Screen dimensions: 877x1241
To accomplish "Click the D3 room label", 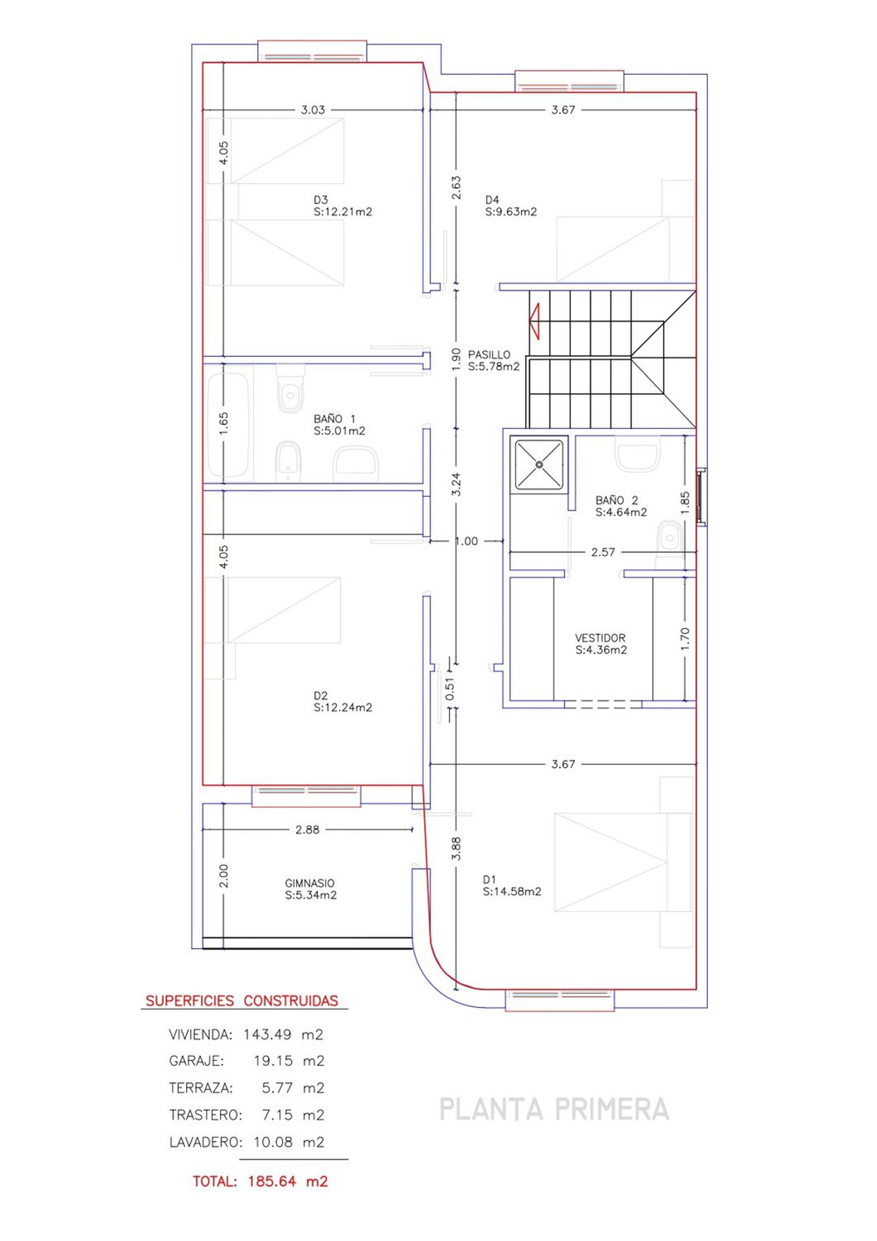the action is (320, 200).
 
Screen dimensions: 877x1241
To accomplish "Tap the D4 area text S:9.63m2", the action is (511, 212).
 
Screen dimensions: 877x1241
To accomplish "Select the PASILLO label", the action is (489, 355).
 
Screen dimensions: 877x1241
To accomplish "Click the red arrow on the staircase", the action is (534, 321).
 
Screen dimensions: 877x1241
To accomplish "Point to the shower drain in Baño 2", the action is (539, 465).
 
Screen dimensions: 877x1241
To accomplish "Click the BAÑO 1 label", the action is (334, 418).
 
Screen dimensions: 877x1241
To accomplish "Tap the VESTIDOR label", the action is (600, 638).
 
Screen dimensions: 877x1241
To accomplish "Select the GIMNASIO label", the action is (310, 883).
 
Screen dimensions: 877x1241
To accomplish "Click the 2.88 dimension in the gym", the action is (308, 830).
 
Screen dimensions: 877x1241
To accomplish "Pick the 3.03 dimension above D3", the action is (313, 109).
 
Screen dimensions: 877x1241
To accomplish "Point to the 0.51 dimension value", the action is (450, 689).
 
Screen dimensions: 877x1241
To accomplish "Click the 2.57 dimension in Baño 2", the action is (603, 552).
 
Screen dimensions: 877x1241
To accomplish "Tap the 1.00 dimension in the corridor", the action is (467, 541).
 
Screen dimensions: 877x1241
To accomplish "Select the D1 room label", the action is (489, 879).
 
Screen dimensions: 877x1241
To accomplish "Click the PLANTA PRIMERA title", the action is (554, 1109).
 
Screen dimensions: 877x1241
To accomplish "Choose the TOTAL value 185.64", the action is (272, 1181).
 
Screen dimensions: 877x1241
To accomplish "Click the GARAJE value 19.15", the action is (273, 1061).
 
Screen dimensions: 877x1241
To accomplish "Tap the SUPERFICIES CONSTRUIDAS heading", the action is (242, 1001).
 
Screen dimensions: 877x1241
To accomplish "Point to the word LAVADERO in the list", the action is (205, 1142).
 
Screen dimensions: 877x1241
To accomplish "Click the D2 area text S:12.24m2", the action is (343, 707).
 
